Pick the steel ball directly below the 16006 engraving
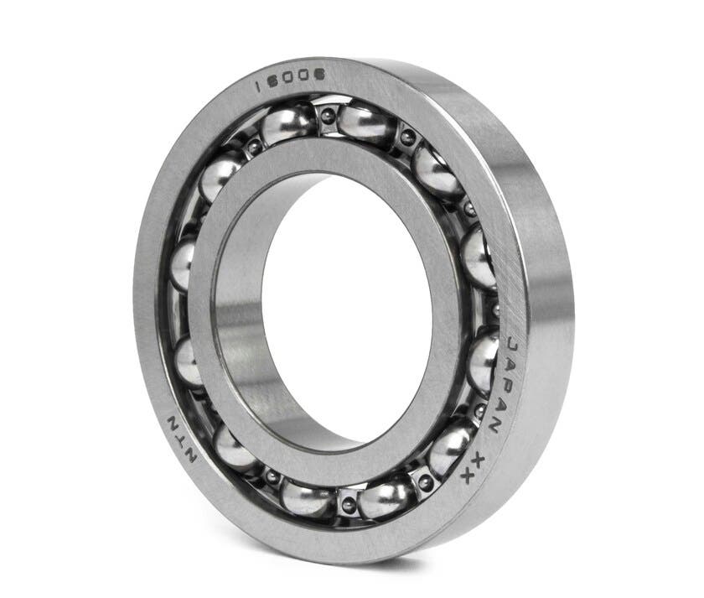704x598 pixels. pyautogui.click(x=289, y=124)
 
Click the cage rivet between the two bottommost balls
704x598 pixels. pyautogui.click(x=348, y=504)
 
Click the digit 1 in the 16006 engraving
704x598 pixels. pyautogui.click(x=257, y=87)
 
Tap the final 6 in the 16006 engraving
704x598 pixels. pyautogui.click(x=321, y=75)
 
